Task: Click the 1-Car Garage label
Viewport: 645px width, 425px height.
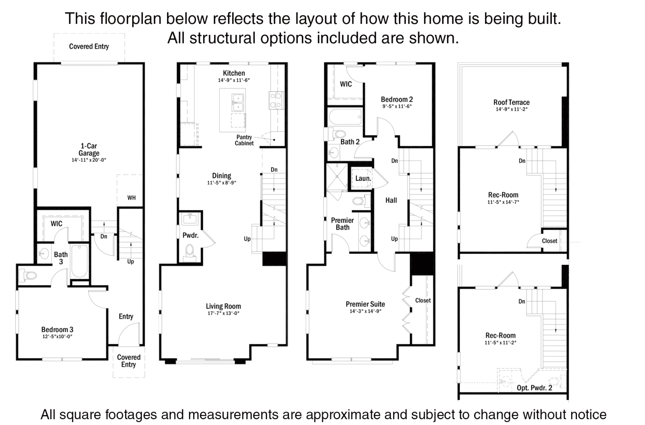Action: (x=89, y=150)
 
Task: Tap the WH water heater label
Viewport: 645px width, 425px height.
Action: (x=131, y=198)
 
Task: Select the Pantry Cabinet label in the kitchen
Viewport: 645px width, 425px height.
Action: (x=244, y=140)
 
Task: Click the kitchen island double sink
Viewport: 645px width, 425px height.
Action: (x=238, y=102)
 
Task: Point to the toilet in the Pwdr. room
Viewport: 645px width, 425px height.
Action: (x=190, y=252)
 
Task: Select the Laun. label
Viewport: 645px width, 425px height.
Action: (x=363, y=178)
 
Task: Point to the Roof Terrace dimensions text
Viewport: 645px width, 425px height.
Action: (x=511, y=109)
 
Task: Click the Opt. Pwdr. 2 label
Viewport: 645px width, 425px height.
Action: (x=534, y=388)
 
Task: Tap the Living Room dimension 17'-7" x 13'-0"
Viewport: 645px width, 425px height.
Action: (x=223, y=313)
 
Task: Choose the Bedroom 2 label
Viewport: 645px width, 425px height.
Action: (x=396, y=99)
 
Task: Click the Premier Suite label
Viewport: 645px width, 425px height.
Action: (x=365, y=304)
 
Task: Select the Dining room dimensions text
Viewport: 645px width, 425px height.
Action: (x=221, y=183)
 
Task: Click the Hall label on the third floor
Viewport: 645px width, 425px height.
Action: (x=391, y=200)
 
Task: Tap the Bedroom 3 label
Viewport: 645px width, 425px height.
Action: (x=57, y=330)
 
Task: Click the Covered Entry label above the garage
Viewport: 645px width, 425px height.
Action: (x=89, y=46)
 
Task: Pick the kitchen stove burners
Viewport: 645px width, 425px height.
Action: (x=275, y=100)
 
